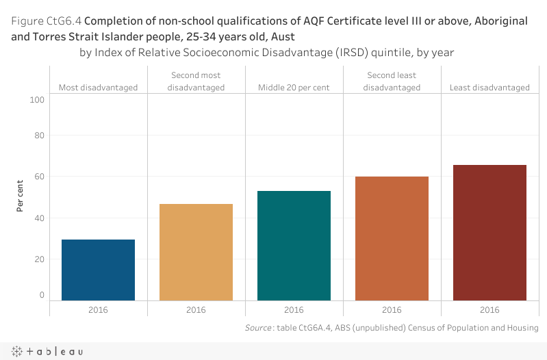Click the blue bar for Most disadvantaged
(x=98, y=270)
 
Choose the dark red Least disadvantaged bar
(x=489, y=233)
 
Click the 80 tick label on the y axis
(x=38, y=136)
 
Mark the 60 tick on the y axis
(x=38, y=177)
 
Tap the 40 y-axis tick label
(x=38, y=218)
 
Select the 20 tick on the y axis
(x=38, y=259)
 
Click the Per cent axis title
(x=21, y=195)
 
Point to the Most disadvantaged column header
(x=98, y=88)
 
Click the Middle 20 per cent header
(x=294, y=88)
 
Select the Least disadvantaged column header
(x=489, y=88)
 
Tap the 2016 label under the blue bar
(x=98, y=310)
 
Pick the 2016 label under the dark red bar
(x=489, y=310)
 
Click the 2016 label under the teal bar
(x=294, y=310)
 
